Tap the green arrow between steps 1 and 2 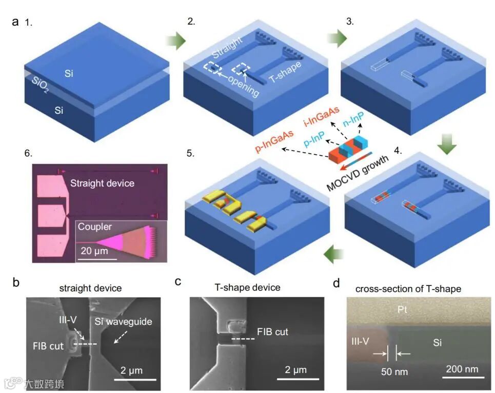(175, 42)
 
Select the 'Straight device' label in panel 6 (102, 183)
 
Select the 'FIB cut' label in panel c (272, 332)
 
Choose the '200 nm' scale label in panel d (461, 369)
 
